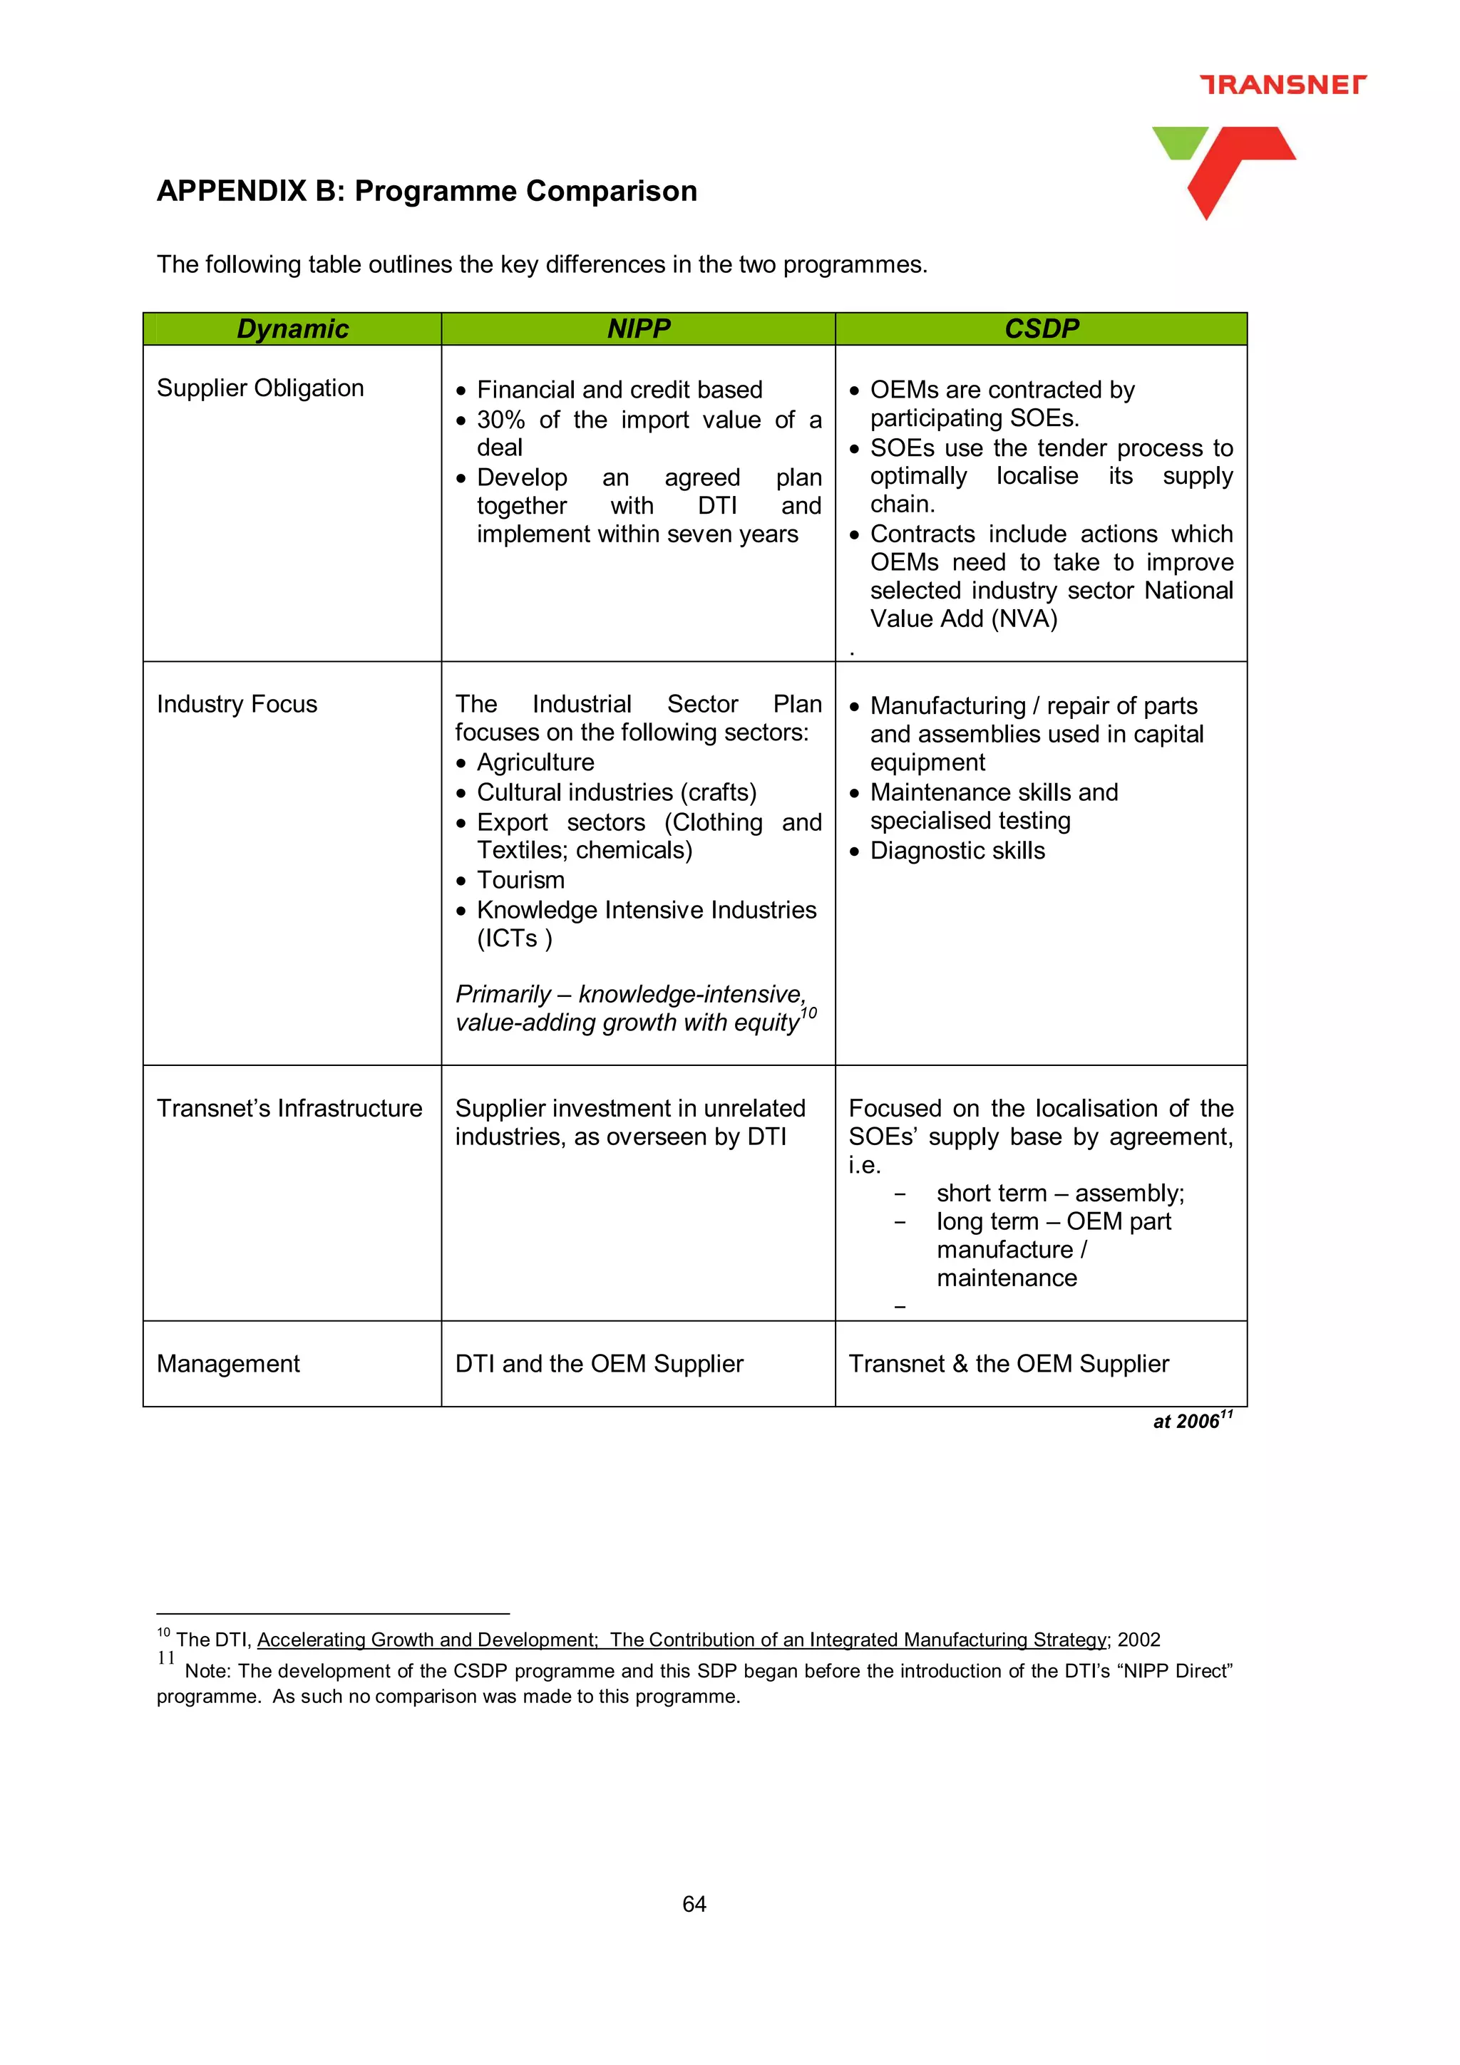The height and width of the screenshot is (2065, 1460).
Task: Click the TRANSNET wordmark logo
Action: [x=1282, y=85]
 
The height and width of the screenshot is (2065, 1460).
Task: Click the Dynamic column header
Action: [x=292, y=329]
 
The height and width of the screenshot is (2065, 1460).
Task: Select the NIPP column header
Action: [x=639, y=329]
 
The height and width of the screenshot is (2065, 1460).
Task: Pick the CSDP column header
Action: [x=1041, y=329]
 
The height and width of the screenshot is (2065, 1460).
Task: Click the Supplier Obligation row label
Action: [x=260, y=388]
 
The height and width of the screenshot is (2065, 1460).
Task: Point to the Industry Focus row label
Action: [x=237, y=704]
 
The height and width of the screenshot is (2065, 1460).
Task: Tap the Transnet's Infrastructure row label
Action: [x=289, y=1109]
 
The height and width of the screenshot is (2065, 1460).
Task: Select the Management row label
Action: [x=227, y=1365]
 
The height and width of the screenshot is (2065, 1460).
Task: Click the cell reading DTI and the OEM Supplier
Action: [x=599, y=1365]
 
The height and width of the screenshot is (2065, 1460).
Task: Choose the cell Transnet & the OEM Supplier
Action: [x=1009, y=1365]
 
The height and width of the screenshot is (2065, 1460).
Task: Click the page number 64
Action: [x=694, y=1904]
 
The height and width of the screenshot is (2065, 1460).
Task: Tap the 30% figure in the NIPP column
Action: [x=500, y=420]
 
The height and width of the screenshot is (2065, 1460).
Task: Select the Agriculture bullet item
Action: [x=535, y=762]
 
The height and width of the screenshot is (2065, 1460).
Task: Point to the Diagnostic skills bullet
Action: [x=957, y=851]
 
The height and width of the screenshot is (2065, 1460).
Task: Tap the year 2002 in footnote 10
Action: [x=1139, y=1640]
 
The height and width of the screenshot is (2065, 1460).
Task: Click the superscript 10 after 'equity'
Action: [x=808, y=1013]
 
